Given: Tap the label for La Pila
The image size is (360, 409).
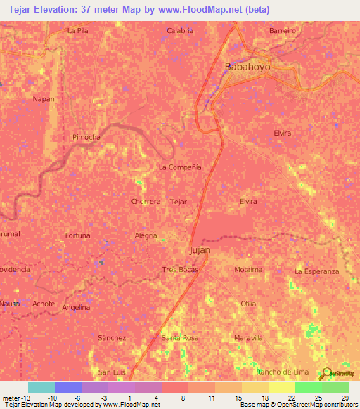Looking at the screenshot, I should point(78,31).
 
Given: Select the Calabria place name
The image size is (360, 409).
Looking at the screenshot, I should point(181,31).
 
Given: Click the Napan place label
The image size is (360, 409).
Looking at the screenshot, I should point(44,99).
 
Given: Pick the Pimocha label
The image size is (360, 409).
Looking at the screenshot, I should point(86,138).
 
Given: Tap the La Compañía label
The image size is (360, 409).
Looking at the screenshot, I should point(180,167).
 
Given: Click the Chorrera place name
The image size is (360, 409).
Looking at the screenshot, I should point(146,201).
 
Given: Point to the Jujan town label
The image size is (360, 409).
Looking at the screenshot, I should point(200,250).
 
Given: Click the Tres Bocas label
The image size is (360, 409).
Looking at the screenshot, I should point(181,270).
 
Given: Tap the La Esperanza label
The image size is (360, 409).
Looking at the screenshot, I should point(316,271).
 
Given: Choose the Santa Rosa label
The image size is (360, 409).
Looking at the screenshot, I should point(180,338).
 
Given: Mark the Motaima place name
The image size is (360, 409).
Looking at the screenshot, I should point(248,270).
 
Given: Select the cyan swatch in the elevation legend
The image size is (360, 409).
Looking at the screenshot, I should point(41,387).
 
